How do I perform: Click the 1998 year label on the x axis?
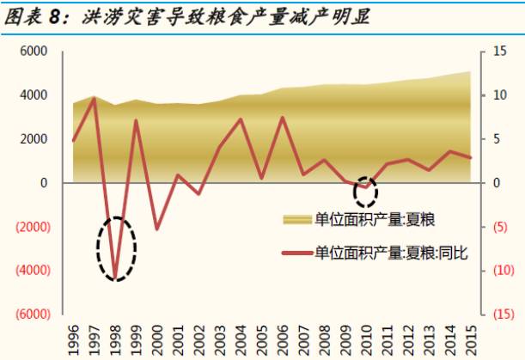point(115,337)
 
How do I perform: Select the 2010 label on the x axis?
point(367,337)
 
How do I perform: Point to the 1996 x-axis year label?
point(73,337)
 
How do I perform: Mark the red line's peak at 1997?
point(94,98)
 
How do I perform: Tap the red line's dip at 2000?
point(157,229)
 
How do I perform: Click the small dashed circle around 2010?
point(366,191)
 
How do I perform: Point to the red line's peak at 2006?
point(283,118)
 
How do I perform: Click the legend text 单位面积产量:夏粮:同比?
point(391,253)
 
